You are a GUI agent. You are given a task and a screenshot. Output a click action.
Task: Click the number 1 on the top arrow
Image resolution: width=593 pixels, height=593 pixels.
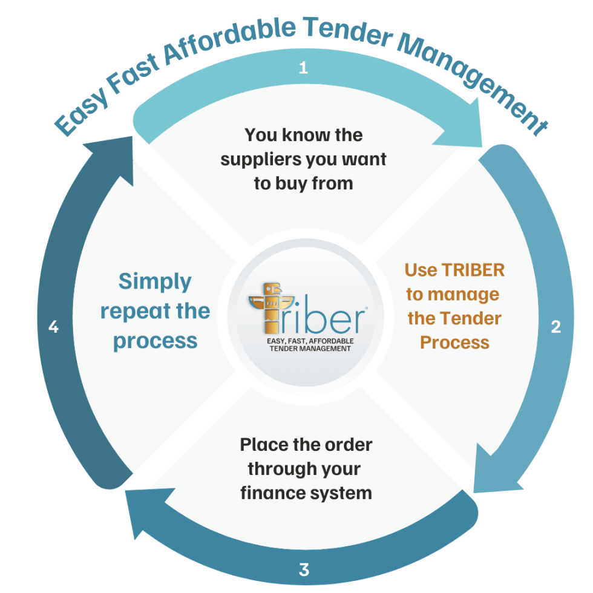tap(303, 68)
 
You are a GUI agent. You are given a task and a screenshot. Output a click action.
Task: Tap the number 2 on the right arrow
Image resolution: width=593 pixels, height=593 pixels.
tap(555, 327)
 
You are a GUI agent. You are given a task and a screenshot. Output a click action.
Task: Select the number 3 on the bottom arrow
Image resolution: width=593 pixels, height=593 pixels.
tap(304, 569)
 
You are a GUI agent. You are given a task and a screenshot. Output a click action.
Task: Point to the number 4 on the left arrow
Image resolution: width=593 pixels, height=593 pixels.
tap(53, 327)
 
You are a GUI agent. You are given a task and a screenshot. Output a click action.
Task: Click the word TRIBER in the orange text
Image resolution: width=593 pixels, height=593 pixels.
tap(473, 270)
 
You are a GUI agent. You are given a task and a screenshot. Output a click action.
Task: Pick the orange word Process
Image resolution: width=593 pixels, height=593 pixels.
tap(454, 342)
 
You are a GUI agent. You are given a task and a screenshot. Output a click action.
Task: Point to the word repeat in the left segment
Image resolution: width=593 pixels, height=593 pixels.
tap(134, 312)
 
